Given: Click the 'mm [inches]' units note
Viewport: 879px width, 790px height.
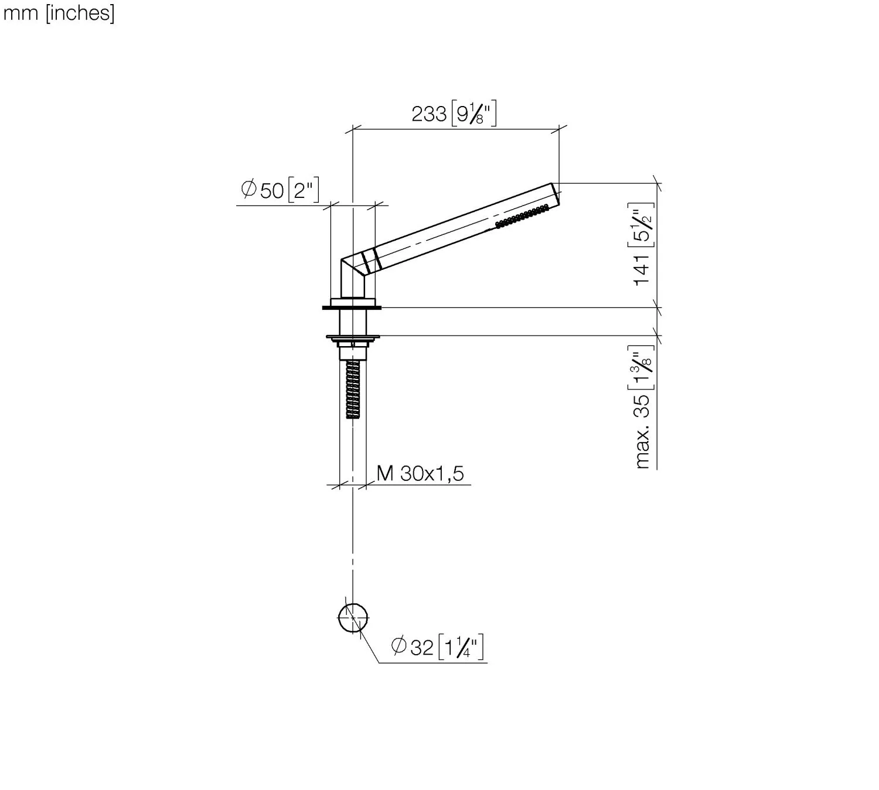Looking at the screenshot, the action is (x=59, y=13).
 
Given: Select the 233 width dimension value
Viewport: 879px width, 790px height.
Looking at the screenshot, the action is (x=429, y=114).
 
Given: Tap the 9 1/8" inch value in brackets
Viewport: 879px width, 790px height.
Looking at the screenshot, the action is (x=474, y=114).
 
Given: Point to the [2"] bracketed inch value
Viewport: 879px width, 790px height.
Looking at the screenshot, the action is (x=304, y=190).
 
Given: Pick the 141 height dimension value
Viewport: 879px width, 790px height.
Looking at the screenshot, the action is (x=642, y=269).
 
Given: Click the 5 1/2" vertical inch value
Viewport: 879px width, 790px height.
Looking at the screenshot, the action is (x=640, y=225).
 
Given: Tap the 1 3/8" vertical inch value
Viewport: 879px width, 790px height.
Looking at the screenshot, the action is (x=640, y=367).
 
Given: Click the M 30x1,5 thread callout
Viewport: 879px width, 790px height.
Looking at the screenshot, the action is (x=420, y=473).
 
